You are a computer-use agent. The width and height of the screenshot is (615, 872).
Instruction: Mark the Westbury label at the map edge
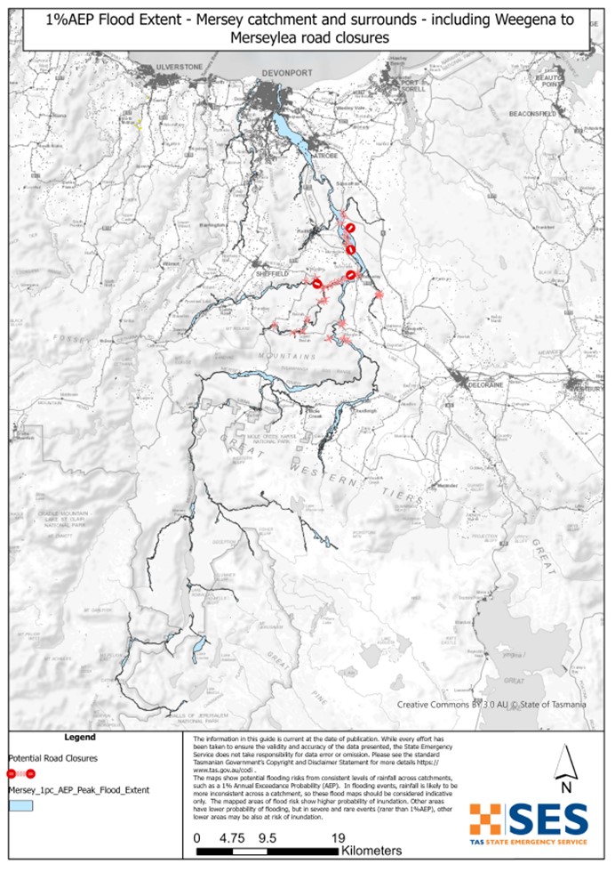tap(591, 388)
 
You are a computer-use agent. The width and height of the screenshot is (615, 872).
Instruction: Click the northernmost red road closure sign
tap(352, 229)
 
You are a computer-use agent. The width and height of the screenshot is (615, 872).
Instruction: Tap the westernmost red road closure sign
tap(317, 283)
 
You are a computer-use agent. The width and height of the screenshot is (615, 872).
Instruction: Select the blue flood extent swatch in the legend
tap(20, 805)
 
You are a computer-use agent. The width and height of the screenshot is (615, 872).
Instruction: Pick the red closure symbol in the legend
tap(20, 772)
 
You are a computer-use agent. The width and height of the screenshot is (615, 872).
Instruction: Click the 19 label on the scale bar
tap(337, 837)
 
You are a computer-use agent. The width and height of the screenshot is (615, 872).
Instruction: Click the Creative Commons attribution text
tap(491, 705)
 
